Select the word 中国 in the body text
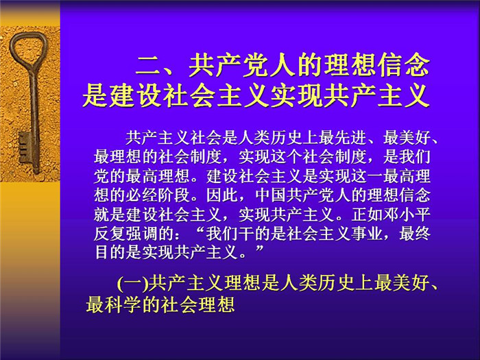coord(271,195)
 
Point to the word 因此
coord(222,195)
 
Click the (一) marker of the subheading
coord(132,283)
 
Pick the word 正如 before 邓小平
coord(367,215)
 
